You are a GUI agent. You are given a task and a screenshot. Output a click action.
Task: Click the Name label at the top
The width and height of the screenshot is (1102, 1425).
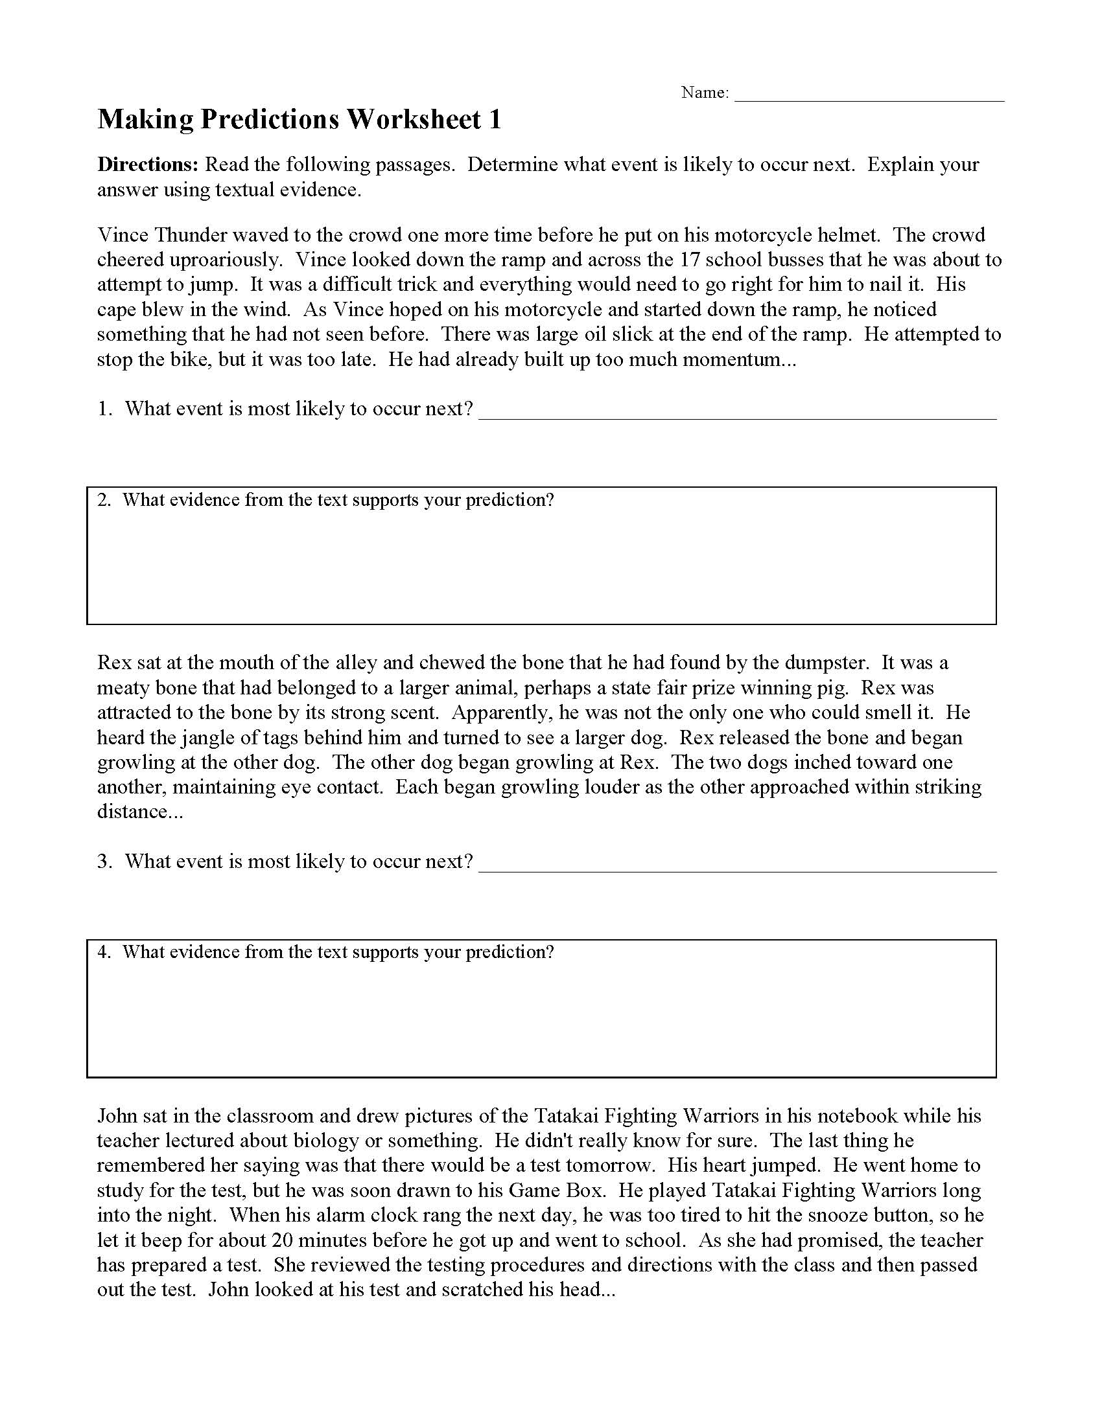705,93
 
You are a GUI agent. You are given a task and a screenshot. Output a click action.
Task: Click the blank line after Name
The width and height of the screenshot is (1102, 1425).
869,98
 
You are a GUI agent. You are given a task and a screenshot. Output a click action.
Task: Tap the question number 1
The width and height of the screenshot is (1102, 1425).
104,409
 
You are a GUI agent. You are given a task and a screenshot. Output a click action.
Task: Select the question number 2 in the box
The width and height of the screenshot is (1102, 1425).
103,501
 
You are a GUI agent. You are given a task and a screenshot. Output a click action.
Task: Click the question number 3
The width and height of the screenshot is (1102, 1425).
104,861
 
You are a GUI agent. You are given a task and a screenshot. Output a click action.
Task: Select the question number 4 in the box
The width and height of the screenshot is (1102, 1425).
103,953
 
